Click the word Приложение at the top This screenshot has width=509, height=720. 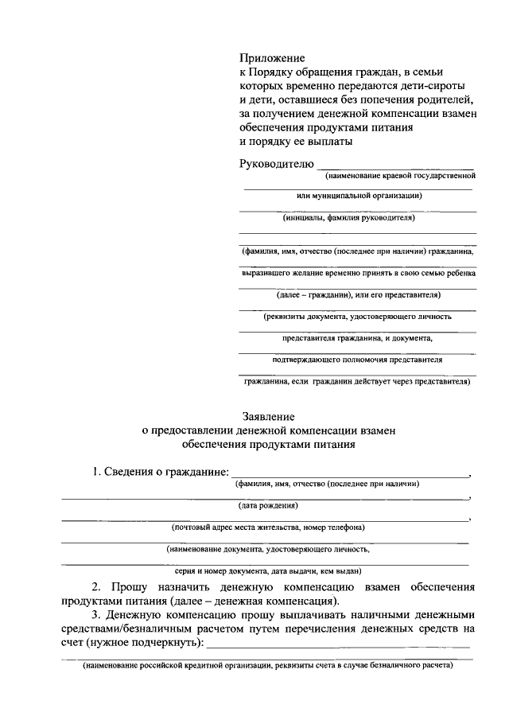[273, 58]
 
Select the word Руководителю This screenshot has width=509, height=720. [276, 164]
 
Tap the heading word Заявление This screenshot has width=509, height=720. [268, 416]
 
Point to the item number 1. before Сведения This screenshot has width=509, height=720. [98, 473]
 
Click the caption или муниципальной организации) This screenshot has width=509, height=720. [358, 196]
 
